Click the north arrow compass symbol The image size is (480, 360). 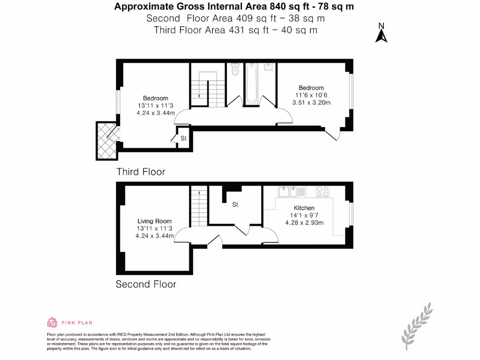coord(381,33)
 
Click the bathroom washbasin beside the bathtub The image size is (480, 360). coord(269,67)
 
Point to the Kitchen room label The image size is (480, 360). coord(304,208)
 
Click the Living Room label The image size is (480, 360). coord(154,221)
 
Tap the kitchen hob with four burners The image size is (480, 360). coord(323,191)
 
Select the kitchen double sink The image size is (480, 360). coord(287,191)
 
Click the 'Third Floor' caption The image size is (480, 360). coord(141,172)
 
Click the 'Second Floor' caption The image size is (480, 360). coord(146,284)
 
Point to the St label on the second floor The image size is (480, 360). coord(235,204)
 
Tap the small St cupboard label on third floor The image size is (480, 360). coord(183,138)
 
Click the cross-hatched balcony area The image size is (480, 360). coord(106,140)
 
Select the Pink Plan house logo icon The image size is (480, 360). coord(52,322)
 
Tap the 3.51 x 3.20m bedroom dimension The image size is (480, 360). coord(311,103)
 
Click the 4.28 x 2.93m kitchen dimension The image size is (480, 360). coord(304,223)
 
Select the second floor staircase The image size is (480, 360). coord(199,206)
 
